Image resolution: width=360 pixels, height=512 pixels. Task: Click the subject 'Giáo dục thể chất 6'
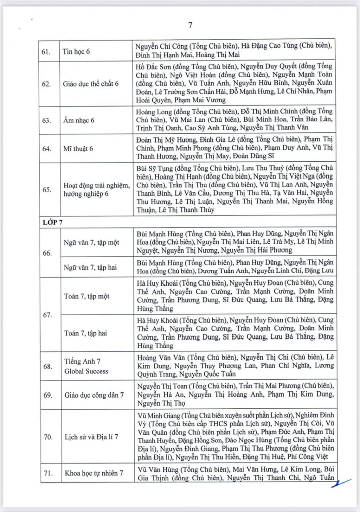tap(92, 84)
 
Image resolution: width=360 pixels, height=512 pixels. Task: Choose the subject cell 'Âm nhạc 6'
tap(79, 120)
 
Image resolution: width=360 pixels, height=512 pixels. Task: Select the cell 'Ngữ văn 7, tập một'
tap(92, 242)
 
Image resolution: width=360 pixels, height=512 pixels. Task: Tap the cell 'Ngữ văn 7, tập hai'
tap(91, 268)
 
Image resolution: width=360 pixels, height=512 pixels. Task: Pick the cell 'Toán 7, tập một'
tap(85, 297)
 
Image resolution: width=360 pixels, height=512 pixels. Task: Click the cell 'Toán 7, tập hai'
tap(84, 333)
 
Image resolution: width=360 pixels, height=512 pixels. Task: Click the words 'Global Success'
tap(86, 371)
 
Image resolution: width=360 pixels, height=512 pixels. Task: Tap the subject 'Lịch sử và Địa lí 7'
tap(91, 437)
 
